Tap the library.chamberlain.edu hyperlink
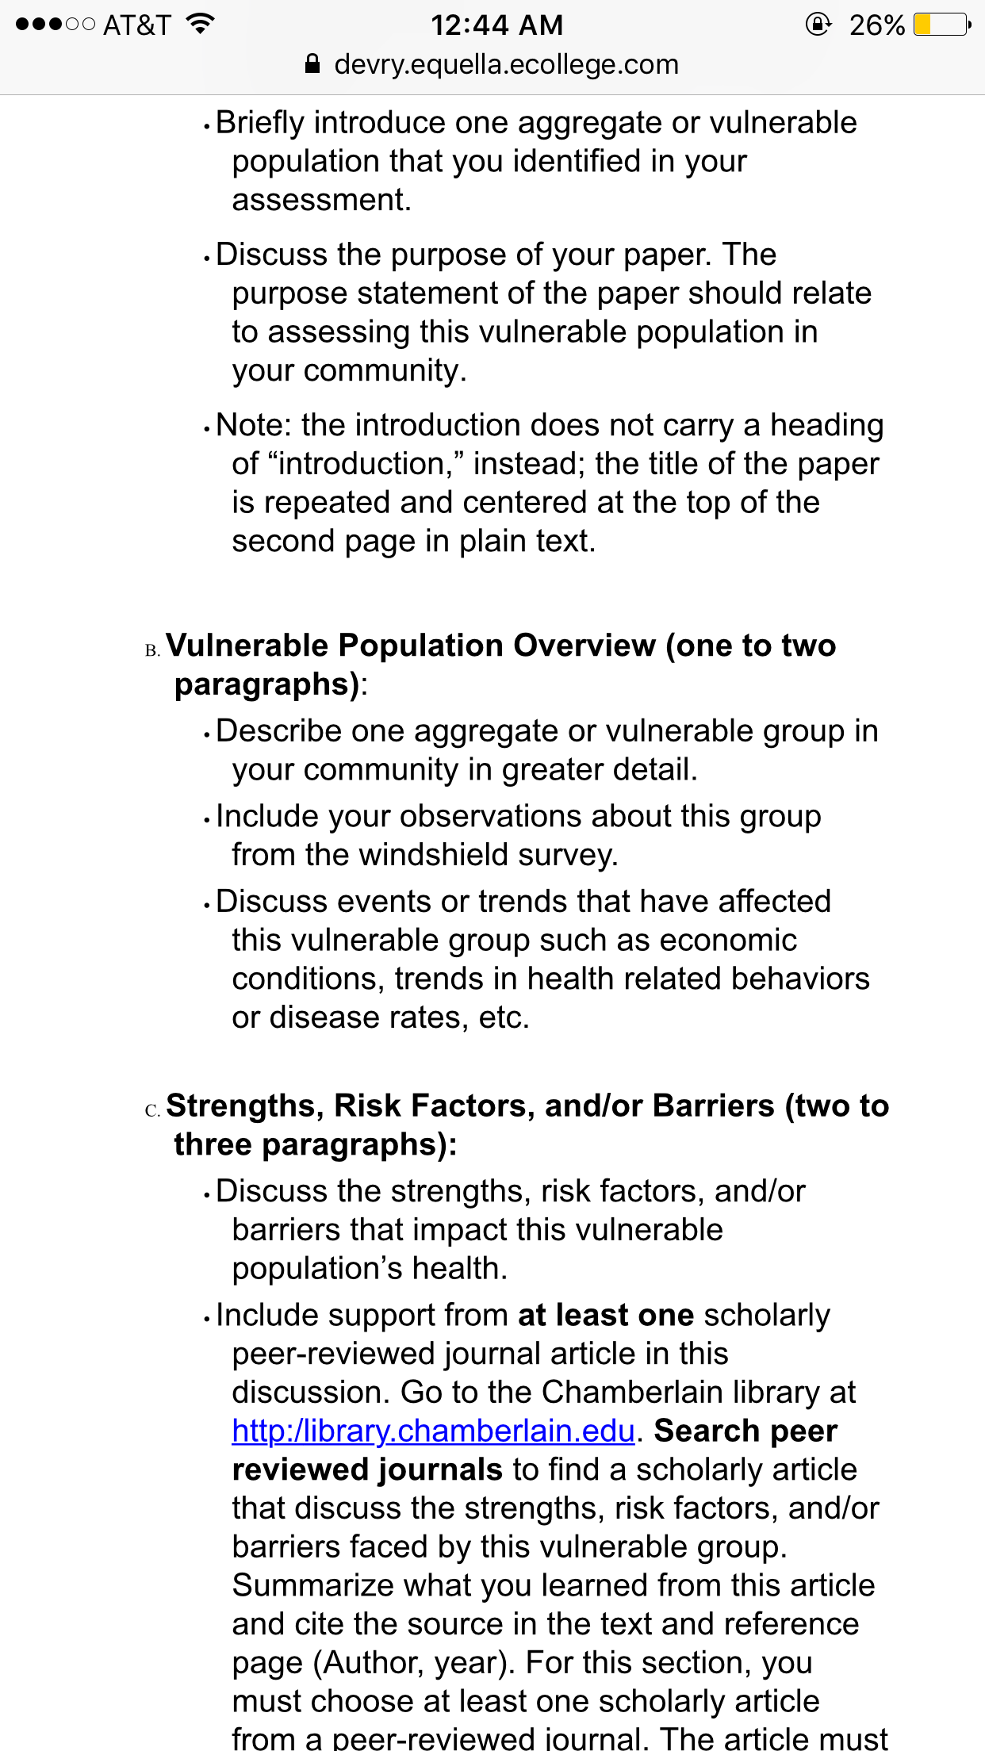pyautogui.click(x=433, y=1431)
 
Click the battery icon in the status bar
pyautogui.click(x=941, y=25)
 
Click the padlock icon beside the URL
pyautogui.click(x=312, y=64)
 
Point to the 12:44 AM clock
pyautogui.click(x=496, y=25)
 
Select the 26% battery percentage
pyautogui.click(x=876, y=25)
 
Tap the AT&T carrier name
pyautogui.click(x=136, y=25)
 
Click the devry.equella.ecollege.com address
pyautogui.click(x=506, y=64)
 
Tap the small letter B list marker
pyautogui.click(x=151, y=651)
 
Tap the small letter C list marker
pyautogui.click(x=151, y=1111)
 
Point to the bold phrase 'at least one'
pyautogui.click(x=606, y=1315)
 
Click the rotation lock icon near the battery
pyautogui.click(x=818, y=25)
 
